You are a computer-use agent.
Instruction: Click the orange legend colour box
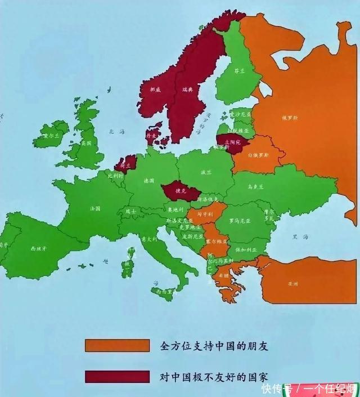[x=117, y=345]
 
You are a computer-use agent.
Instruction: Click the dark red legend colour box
[x=117, y=376]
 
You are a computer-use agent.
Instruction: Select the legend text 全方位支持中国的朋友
[x=214, y=346]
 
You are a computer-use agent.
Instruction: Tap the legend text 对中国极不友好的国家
[x=214, y=376]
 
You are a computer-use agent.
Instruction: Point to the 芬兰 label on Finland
[x=240, y=71]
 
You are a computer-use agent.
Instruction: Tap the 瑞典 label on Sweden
[x=187, y=89]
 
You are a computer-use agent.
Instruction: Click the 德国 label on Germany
[x=148, y=181]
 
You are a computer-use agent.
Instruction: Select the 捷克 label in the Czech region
[x=181, y=191]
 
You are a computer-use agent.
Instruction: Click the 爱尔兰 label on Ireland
[x=54, y=135]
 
